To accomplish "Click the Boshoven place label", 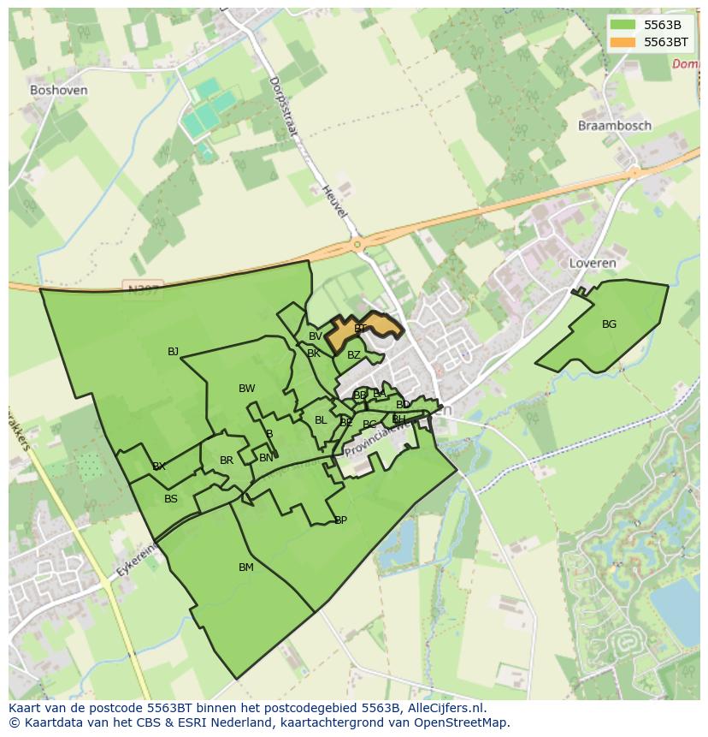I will click(x=58, y=90).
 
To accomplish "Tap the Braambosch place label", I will click(x=614, y=126).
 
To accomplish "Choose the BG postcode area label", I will click(x=609, y=324).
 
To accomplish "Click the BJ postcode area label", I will click(x=174, y=352).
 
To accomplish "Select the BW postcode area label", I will click(x=246, y=389).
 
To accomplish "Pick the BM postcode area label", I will click(x=246, y=568).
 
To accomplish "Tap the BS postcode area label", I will click(x=171, y=499).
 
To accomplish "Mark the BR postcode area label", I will click(x=227, y=461).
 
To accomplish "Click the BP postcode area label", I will click(x=340, y=520).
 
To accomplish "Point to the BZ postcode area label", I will click(x=354, y=355).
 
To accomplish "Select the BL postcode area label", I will click(x=321, y=420).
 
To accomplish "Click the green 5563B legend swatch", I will click(x=622, y=25).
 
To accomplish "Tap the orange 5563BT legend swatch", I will click(x=622, y=41).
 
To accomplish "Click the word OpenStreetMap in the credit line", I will click(x=457, y=722).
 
